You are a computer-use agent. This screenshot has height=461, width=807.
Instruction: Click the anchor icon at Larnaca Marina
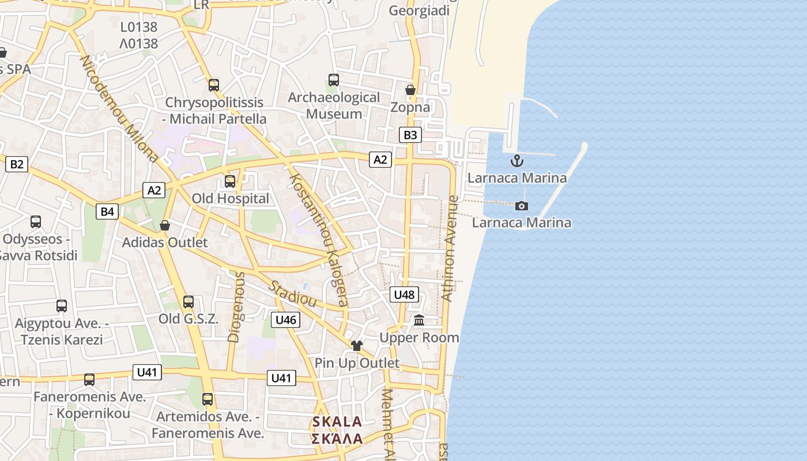[x=516, y=161]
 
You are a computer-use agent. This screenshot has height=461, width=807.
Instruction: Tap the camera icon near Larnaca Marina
[x=521, y=206]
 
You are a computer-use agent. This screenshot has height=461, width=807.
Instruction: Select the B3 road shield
[x=410, y=135]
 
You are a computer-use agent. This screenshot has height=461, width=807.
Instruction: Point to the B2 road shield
[x=17, y=164]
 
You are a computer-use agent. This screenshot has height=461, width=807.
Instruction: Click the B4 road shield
[x=107, y=211]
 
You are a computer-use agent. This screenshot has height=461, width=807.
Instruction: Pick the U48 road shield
[x=403, y=294]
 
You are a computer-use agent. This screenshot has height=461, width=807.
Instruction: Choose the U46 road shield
[x=286, y=320]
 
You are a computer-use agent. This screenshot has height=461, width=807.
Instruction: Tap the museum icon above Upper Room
[x=419, y=320]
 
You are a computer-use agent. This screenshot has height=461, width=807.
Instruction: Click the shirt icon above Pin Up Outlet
[x=357, y=345]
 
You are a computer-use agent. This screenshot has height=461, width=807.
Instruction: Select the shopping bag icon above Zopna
[x=410, y=90]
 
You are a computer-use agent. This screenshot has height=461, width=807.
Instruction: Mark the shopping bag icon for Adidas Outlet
[x=165, y=225]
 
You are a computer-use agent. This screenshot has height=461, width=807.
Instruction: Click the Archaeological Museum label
[x=334, y=105]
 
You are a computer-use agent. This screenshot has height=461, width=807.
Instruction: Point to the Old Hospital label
[x=230, y=199]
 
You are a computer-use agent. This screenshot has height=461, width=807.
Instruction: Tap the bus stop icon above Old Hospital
[x=230, y=182]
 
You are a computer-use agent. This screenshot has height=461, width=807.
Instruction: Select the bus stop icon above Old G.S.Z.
[x=188, y=301]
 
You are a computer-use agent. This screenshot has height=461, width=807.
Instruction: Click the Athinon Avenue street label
[x=450, y=248]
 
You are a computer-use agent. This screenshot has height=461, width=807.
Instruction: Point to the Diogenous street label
[x=236, y=307]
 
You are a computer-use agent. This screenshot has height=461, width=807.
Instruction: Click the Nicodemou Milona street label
[x=119, y=108]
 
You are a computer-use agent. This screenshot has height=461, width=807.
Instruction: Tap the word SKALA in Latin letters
[x=337, y=422]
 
